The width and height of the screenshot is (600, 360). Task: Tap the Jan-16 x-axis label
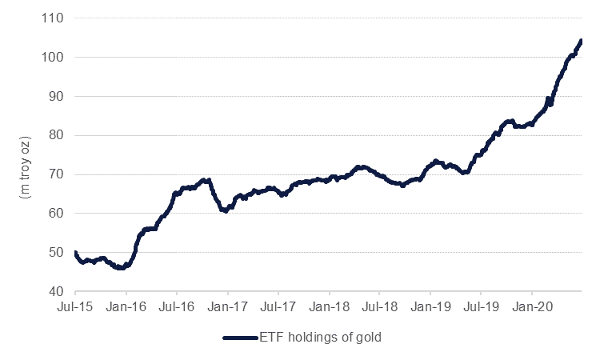[126, 306]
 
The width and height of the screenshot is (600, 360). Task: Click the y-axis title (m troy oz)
[24, 154]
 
